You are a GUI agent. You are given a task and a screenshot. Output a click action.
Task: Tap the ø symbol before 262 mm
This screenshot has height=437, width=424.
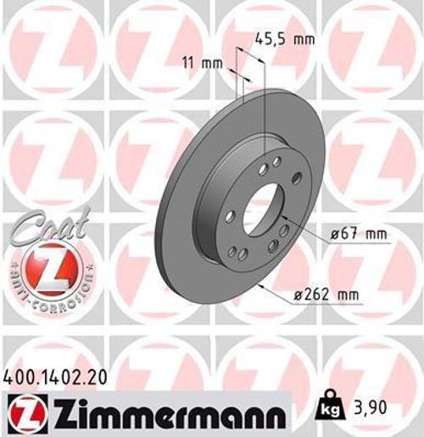click(300, 294)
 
